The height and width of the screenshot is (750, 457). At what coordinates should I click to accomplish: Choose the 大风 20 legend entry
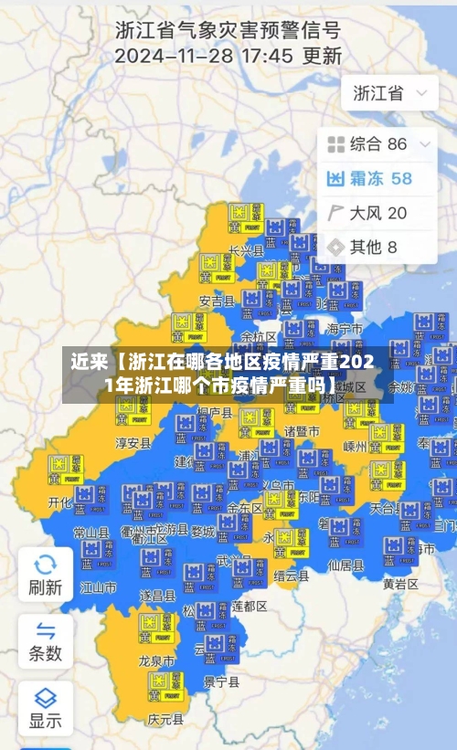(x=367, y=213)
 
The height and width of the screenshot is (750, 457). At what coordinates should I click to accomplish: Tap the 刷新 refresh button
(x=45, y=575)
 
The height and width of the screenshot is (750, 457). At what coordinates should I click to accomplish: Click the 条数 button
(x=45, y=642)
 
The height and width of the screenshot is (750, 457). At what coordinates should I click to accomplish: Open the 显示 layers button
(x=45, y=709)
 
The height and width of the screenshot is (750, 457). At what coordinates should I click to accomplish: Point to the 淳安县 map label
(x=133, y=443)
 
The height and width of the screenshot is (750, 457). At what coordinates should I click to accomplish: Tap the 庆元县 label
(x=165, y=719)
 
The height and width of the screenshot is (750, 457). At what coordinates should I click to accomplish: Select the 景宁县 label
(x=221, y=681)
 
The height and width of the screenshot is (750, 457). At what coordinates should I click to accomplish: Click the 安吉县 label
(x=217, y=300)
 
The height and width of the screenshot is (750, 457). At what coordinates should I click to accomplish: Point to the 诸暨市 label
(x=302, y=430)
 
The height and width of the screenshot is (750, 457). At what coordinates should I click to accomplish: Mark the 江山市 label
(x=99, y=586)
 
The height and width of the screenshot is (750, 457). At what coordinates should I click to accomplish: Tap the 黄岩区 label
(x=400, y=583)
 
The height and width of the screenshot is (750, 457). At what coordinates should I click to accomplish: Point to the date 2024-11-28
(x=171, y=56)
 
